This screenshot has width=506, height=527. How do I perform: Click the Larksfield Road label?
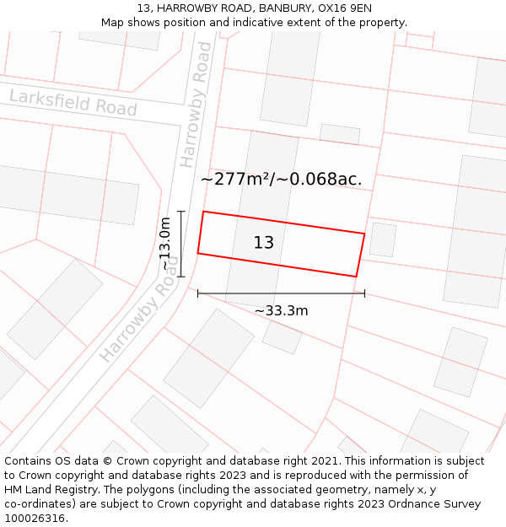point(73,103)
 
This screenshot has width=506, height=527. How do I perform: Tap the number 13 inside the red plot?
point(264,243)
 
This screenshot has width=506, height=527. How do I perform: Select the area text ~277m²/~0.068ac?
point(282,179)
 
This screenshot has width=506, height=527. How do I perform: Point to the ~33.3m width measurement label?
point(281,310)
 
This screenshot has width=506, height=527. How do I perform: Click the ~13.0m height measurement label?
point(165,244)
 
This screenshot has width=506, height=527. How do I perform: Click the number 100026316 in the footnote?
point(35,519)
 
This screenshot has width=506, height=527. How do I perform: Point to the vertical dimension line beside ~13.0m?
point(181,244)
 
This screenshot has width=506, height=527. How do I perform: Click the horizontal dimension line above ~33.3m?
point(281,293)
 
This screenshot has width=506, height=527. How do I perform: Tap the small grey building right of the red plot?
point(382,239)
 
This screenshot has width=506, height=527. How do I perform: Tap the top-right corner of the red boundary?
point(364,234)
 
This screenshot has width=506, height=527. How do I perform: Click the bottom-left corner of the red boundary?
point(198,253)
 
